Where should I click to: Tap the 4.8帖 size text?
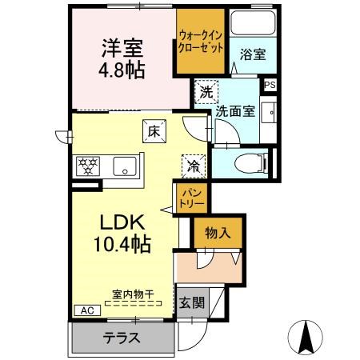tap(122, 70)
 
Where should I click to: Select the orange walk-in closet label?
tap(200, 40)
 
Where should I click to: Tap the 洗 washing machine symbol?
tap(206, 91)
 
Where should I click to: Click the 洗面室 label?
tap(235, 112)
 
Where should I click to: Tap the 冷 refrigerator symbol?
tap(194, 166)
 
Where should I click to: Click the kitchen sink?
tap(125, 166)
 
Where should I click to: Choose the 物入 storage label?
tap(217, 234)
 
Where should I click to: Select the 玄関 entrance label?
tap(190, 303)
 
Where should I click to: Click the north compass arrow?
tap(306, 336)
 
